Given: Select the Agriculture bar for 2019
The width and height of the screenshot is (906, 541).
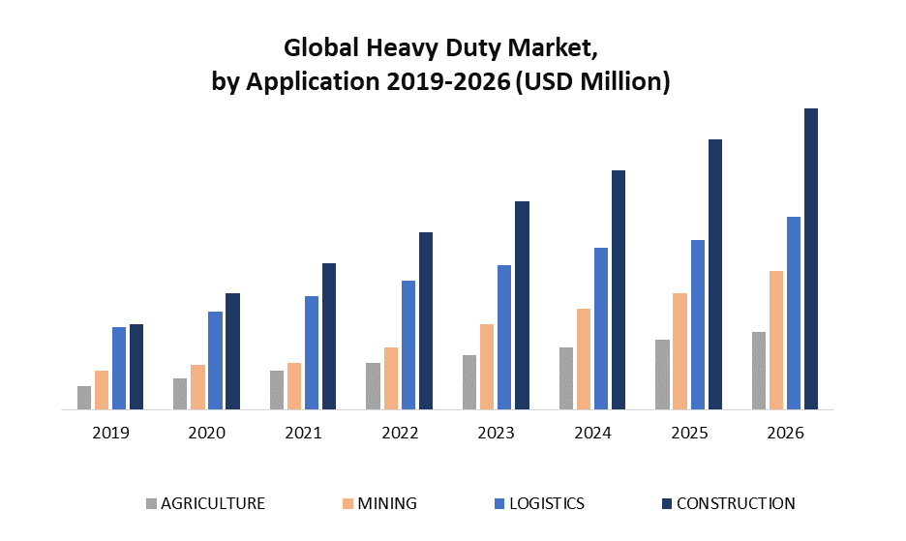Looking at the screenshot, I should [x=84, y=398].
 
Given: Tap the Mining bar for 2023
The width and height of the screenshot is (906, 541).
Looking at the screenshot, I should [x=487, y=367].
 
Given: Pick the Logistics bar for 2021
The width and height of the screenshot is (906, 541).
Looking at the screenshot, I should [x=312, y=352].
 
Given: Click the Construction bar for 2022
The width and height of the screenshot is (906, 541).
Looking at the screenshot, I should [x=426, y=320].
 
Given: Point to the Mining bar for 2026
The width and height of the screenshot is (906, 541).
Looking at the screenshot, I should [x=776, y=340].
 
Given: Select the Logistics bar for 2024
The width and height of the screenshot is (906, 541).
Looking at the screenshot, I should [x=601, y=328].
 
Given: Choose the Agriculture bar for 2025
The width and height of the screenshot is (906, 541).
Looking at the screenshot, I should [x=662, y=375].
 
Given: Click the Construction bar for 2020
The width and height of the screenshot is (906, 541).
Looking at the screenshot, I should [x=232, y=351].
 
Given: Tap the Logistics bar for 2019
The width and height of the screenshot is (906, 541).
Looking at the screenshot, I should [x=119, y=368].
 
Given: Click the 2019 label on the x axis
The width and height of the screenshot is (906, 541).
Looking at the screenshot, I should [x=110, y=433].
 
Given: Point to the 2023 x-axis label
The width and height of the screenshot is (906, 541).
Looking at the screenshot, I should [x=496, y=433].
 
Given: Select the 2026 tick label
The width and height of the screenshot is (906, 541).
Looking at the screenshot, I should [x=785, y=433].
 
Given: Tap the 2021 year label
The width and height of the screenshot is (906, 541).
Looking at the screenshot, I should [x=303, y=433].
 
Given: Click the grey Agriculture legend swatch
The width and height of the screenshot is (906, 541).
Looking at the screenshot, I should [x=151, y=503].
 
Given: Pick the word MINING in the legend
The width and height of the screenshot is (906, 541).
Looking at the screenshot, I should [x=387, y=503].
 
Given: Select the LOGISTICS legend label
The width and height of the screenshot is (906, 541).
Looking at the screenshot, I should [x=547, y=503].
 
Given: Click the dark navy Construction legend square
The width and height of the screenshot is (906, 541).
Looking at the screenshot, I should [x=666, y=503].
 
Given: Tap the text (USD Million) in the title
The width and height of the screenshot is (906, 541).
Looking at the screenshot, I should [x=593, y=82].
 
